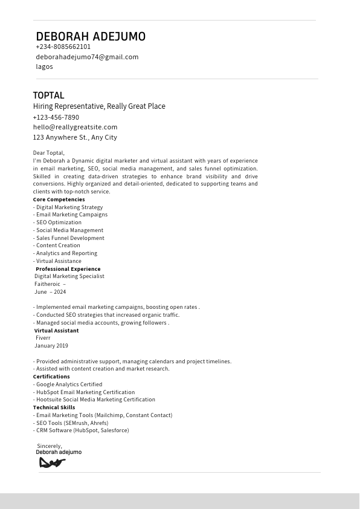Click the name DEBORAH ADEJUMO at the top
(x=91, y=37)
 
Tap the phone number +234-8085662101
(x=63, y=47)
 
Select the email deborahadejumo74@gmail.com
(x=87, y=57)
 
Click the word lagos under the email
(x=44, y=66)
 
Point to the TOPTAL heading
(x=49, y=96)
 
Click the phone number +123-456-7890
(x=56, y=117)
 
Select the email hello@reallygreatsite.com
(x=76, y=127)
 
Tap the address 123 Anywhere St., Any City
(x=75, y=137)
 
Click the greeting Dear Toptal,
(x=49, y=153)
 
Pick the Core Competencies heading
(x=59, y=199)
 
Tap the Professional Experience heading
(x=68, y=269)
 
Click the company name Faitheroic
(x=48, y=284)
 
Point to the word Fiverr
(x=43, y=338)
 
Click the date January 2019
(x=51, y=346)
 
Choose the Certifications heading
(x=51, y=377)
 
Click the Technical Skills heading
(x=54, y=407)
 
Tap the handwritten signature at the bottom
(x=53, y=462)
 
